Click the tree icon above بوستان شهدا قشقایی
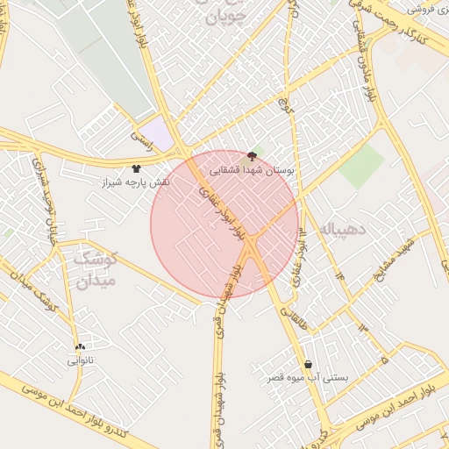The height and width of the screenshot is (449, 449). point(253,155)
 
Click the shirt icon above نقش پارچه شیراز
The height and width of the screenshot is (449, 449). point(136,168)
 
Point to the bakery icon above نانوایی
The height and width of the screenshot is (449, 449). point(80,347)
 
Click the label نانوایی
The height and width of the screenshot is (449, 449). point(79,360)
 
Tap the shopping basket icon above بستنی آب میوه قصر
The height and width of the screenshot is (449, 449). point(308,365)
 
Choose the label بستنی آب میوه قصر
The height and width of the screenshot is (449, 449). point(308,379)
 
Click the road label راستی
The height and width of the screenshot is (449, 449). point(141,137)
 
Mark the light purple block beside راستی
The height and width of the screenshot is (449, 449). point(156,134)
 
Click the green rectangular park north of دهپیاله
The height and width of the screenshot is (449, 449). point(361,166)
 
